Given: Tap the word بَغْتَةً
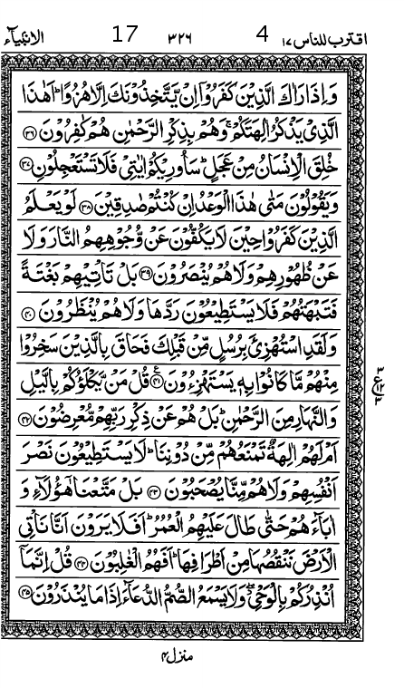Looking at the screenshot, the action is [51, 280].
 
